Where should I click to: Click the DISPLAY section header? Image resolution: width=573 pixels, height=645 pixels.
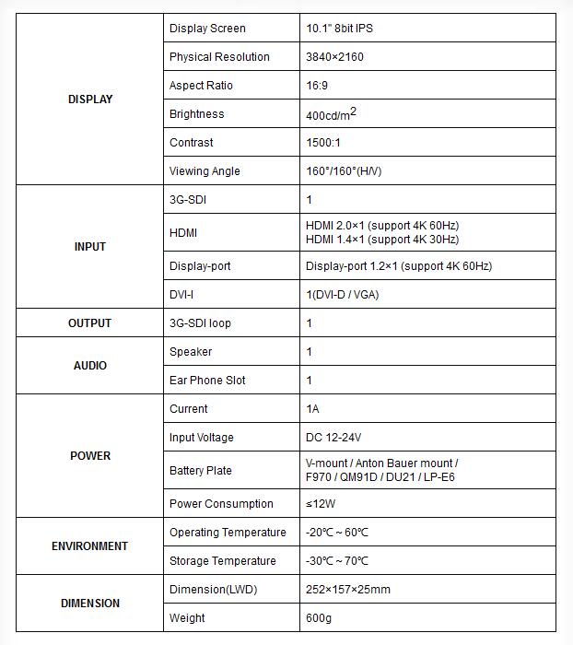[90, 100]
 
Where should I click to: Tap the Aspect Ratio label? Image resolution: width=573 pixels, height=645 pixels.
[201, 86]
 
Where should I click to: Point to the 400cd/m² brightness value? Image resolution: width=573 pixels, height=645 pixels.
[331, 114]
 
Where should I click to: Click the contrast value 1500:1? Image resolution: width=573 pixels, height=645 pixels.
[323, 143]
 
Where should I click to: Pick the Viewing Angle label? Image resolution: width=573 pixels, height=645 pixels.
[205, 171]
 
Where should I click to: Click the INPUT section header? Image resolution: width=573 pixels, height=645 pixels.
[90, 247]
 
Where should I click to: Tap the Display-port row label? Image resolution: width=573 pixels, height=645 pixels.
[200, 266]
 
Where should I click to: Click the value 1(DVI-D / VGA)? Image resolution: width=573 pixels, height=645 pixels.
[342, 295]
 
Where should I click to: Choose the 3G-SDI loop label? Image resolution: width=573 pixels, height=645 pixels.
[200, 323]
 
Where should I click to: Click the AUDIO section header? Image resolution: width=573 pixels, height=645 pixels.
[90, 366]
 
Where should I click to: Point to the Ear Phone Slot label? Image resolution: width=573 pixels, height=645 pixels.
[207, 381]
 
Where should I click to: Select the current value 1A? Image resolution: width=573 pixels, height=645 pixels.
[312, 409]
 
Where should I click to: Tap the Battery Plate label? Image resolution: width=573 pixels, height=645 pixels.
[200, 471]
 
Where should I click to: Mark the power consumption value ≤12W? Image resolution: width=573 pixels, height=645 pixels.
[321, 504]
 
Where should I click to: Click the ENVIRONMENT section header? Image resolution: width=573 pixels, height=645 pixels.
[90, 546]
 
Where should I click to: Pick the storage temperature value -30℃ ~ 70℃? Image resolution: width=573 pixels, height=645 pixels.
[337, 561]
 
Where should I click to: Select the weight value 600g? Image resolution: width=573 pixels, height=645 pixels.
[320, 618]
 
